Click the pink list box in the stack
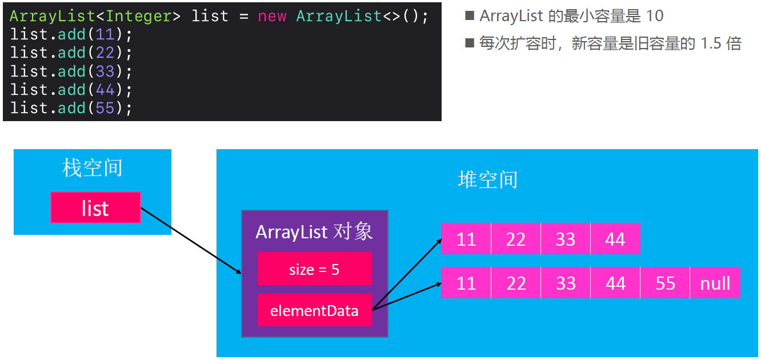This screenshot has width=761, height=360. tap(95, 207)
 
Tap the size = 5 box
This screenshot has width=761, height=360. tap(314, 269)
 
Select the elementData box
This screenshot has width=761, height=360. tap(314, 310)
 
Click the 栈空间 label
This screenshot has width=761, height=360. tap(93, 168)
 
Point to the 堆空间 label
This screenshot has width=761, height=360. tap(487, 179)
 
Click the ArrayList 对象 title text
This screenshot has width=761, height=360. tap(314, 231)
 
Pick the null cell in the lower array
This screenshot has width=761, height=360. tap(715, 283)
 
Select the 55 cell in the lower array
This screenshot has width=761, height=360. tap(665, 283)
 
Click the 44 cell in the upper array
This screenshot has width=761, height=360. tap(615, 239)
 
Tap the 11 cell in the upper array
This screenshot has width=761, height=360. tap(466, 239)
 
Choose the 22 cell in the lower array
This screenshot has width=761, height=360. tap(516, 283)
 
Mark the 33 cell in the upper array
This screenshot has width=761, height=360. tap(566, 239)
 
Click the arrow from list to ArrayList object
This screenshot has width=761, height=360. tap(191, 240)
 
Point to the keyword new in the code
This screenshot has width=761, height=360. tap(272, 16)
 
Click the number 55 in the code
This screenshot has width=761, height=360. tap(105, 107)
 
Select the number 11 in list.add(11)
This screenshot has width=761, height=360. tap(105, 34)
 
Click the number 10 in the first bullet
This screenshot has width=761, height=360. tap(655, 16)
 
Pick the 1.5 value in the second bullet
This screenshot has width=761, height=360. tap(711, 43)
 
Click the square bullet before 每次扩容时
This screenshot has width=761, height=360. tap(470, 43)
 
